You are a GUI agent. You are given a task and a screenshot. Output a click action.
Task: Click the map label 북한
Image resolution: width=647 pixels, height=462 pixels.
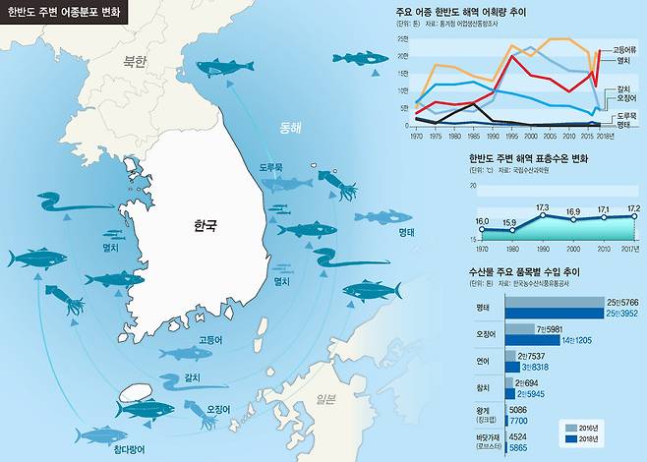(x=134, y=61)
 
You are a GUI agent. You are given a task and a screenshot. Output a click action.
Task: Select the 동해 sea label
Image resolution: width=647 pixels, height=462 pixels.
(x=291, y=127)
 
